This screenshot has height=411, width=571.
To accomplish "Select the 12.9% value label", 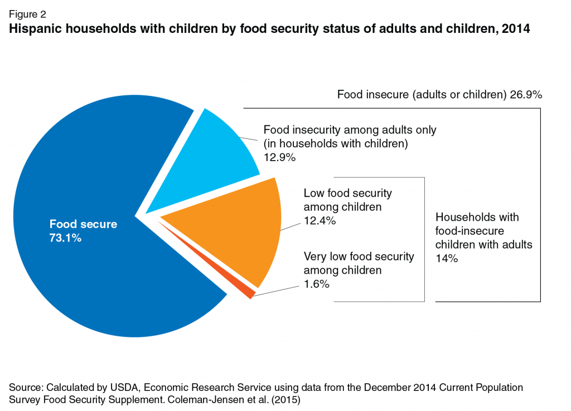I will click(279, 158).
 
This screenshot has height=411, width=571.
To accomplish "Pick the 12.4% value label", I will click(320, 221).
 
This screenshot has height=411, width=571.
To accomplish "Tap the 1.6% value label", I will click(317, 284).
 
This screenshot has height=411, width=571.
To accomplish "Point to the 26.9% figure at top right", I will click(526, 95).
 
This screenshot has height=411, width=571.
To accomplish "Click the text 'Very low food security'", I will click(359, 257).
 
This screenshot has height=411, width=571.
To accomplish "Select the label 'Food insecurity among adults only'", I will click(350, 130).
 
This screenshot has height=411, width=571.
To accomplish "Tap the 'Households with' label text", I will click(477, 217).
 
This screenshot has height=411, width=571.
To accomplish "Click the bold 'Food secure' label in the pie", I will click(83, 225).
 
